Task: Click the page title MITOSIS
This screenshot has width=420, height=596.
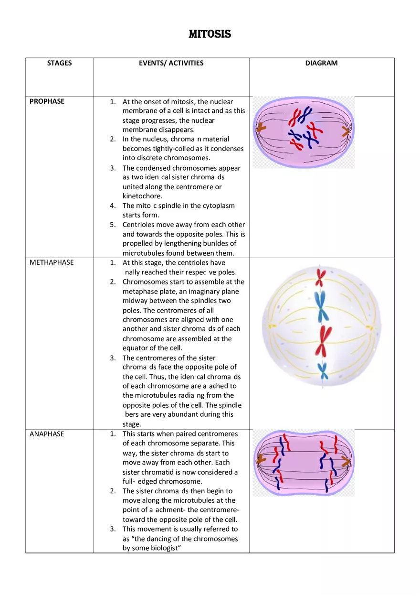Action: (210, 34)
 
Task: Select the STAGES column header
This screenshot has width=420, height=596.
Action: (60, 63)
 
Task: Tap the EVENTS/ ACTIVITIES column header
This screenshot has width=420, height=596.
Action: (171, 63)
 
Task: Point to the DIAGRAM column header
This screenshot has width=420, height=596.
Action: (321, 63)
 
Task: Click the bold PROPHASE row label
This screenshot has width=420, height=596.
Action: (47, 101)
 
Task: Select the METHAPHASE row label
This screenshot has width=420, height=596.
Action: (52, 262)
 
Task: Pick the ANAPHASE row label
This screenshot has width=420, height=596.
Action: (47, 434)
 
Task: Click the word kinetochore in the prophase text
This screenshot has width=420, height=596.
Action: (142, 196)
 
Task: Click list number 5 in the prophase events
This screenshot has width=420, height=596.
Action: (113, 225)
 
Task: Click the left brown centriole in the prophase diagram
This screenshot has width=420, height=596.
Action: (261, 128)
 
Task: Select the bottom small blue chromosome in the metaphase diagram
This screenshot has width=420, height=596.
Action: (323, 370)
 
